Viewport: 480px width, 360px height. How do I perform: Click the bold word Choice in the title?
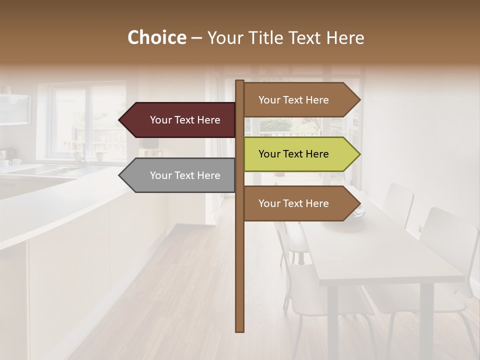pos(156,37)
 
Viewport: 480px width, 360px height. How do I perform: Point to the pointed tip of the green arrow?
pos(359,154)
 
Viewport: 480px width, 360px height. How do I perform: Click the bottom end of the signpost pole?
pos(240,330)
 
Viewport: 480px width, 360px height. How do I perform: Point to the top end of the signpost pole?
pos(240,81)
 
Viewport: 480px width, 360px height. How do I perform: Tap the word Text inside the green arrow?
pos(293,154)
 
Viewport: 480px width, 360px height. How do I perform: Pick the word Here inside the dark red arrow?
pos(208,120)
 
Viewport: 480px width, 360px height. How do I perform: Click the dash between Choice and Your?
pos(196,38)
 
